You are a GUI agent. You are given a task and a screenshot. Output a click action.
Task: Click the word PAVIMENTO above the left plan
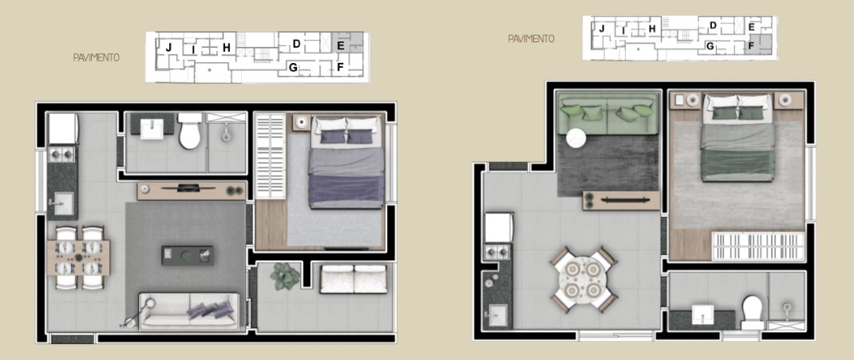(96, 57)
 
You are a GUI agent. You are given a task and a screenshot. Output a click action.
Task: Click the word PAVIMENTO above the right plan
(531, 38)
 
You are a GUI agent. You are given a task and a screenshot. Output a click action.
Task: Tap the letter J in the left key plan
(168, 48)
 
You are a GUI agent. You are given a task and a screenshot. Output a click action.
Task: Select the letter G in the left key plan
(294, 68)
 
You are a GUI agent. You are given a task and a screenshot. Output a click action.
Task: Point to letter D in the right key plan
(713, 26)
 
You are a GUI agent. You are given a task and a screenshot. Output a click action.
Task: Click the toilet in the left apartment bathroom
(189, 132)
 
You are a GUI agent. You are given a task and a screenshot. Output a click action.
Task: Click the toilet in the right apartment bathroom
(752, 311)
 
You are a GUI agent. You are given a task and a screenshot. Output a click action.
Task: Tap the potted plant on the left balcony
(285, 276)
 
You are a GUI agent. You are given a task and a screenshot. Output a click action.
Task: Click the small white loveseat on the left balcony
(354, 279)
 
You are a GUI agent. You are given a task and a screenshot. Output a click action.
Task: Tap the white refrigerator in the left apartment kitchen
(62, 128)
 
